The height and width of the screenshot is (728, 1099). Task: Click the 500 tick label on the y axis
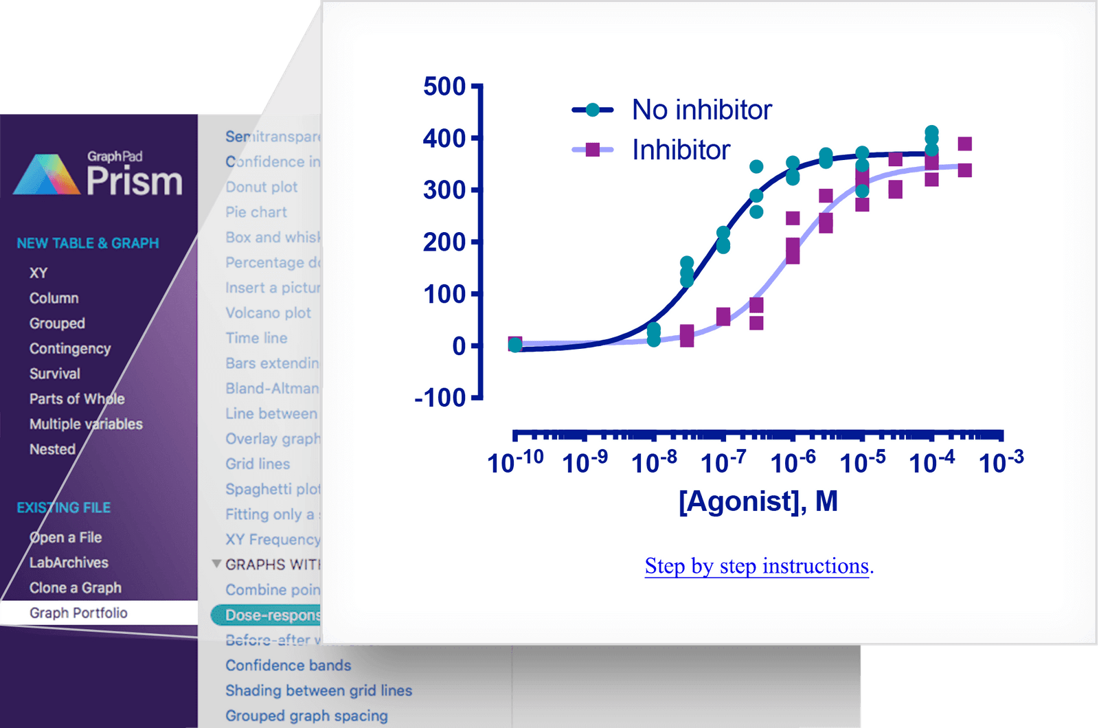coord(444,87)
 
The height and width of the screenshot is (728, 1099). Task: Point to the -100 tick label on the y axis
coord(440,398)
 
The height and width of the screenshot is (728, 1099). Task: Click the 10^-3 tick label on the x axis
coord(1001,462)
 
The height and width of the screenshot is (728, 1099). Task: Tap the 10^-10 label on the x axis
coord(515,462)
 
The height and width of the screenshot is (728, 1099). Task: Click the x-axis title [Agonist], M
coord(758,501)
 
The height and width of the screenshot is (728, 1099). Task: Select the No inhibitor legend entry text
coord(701,110)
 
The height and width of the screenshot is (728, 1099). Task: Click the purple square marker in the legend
coord(592,150)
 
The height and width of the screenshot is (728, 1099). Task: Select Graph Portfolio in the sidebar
coord(78,613)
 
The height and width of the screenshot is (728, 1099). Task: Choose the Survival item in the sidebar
coord(55,374)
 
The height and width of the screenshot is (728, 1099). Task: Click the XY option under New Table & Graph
coord(38,273)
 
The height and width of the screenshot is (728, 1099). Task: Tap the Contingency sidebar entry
coord(70,348)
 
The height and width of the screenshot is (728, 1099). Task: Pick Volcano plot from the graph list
coord(268,313)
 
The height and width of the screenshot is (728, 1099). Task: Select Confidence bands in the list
coord(288,666)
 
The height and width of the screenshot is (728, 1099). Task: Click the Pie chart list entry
coord(256,212)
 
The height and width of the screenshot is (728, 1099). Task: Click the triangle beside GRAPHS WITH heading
coord(216,564)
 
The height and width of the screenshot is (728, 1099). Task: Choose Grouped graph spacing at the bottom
coord(306,716)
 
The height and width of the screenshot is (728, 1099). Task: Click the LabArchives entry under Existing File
coord(69,562)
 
